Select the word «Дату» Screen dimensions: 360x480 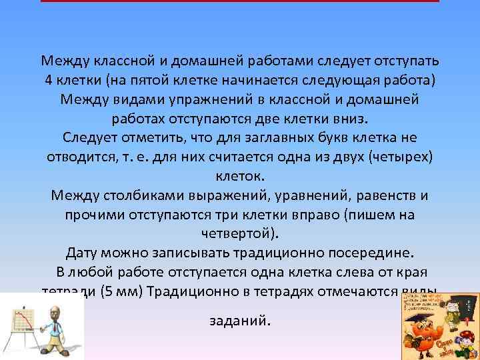point(85,253)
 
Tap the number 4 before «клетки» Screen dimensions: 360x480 point(49,80)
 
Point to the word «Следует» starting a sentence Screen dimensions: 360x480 point(90,137)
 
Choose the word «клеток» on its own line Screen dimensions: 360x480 point(240,177)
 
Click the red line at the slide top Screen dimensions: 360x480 point(240,1)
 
